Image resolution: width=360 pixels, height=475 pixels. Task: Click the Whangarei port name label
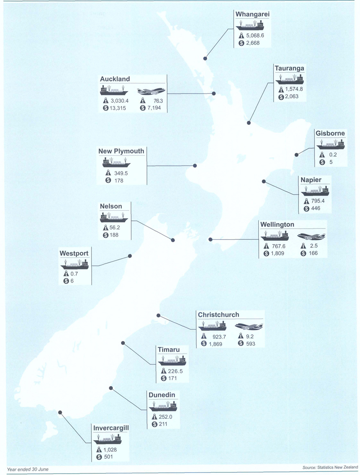[x=253, y=14]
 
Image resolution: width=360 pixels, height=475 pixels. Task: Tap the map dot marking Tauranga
[x=249, y=122]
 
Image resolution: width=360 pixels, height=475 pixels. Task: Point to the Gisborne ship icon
[x=330, y=144]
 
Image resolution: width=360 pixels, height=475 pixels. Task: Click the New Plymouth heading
[x=121, y=151]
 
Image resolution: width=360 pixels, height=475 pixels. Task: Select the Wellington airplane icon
[x=312, y=236]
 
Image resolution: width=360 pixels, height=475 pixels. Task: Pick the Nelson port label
[x=111, y=206]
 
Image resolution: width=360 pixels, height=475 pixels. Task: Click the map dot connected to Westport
[x=130, y=256]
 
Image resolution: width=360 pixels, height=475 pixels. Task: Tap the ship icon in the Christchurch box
[x=212, y=326]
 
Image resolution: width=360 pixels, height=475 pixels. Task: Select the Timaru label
[x=169, y=350]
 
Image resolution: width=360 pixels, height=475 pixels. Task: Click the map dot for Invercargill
[x=60, y=412]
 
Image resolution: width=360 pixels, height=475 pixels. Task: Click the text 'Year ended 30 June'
[x=28, y=469]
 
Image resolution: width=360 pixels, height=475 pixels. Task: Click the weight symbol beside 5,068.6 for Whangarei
[x=241, y=36]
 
